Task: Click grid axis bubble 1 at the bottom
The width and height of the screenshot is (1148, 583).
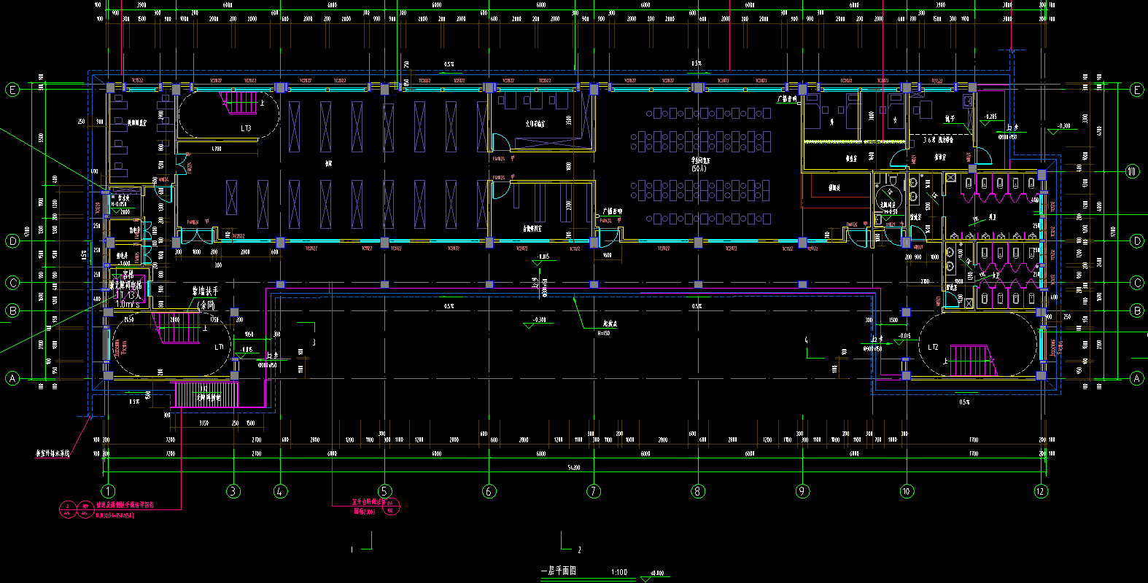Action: pos(108,491)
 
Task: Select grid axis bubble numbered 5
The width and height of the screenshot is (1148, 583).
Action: pos(384,491)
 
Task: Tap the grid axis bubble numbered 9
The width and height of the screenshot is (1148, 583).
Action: pos(802,491)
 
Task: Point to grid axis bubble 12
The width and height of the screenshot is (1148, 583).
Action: pos(1041,491)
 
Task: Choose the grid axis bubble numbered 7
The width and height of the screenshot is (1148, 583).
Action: pos(594,491)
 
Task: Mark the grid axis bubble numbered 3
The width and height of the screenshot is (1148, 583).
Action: pos(233,491)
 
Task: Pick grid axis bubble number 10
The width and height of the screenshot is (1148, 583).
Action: pos(907,491)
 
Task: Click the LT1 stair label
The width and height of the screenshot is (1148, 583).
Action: pos(220,347)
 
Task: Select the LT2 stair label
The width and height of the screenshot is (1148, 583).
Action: pos(934,347)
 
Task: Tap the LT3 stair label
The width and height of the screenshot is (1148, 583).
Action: pos(246,128)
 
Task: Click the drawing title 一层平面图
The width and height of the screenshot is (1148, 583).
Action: pos(558,571)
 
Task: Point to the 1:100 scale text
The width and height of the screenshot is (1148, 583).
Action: pos(619,572)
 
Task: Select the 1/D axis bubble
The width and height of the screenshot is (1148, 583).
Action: pos(1132,172)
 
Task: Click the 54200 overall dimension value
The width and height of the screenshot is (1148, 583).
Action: pos(574,467)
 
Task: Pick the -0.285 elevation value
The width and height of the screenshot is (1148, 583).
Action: pos(990,117)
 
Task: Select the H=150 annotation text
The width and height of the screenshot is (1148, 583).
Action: pos(603,333)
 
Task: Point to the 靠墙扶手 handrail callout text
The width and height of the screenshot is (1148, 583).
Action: pos(205,291)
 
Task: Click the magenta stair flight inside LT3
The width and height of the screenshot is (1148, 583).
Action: pos(240,103)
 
